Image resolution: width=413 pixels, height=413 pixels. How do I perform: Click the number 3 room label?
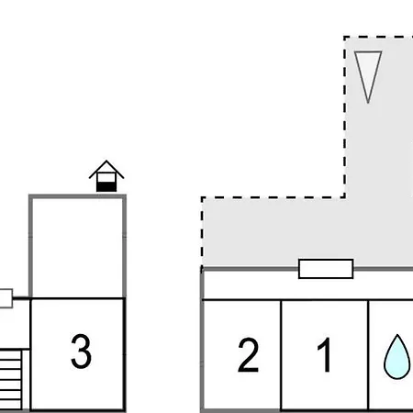[81, 351]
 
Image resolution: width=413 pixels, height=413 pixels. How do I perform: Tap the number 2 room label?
[248, 355]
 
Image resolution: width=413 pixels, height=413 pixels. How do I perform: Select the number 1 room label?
[325, 355]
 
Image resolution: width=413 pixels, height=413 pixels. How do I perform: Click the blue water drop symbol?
[397, 357]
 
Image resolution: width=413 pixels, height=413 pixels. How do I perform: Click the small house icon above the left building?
[106, 176]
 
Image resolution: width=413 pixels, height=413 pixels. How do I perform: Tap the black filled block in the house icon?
[106, 187]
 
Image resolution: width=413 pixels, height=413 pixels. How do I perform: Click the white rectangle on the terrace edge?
[326, 269]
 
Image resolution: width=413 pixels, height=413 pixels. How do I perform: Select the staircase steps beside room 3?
[11, 380]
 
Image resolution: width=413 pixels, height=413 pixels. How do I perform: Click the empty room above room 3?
[77, 248]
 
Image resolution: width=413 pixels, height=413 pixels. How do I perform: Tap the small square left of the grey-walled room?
[6, 298]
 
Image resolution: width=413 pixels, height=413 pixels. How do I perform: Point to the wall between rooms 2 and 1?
[281, 355]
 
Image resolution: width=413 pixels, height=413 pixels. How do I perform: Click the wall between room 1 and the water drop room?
[368, 355]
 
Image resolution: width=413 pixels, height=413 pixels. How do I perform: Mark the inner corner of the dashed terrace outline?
[345, 197]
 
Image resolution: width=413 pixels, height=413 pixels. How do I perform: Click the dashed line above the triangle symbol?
[378, 38]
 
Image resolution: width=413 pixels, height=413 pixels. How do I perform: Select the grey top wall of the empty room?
[77, 196]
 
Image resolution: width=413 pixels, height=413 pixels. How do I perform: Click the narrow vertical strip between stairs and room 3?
[26, 380]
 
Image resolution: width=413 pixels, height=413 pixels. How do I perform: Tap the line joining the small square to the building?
[21, 297]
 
